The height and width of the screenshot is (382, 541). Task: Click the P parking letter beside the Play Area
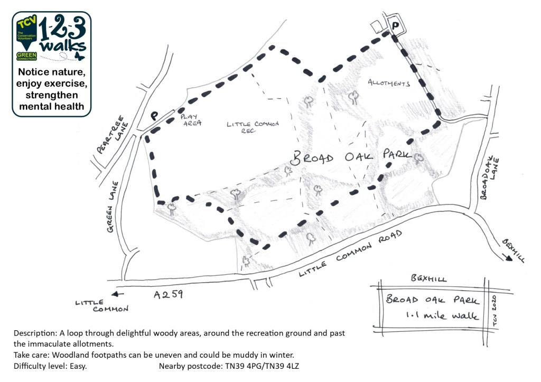[155, 115]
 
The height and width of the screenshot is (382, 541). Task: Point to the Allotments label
[388, 83]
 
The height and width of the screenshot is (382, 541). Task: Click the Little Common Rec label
[253, 127]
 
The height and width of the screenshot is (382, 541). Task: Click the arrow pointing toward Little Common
[118, 295]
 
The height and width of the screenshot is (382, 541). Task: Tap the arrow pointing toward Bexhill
[507, 256]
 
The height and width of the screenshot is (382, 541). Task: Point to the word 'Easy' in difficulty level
[76, 366]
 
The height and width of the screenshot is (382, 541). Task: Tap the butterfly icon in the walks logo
[80, 55]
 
